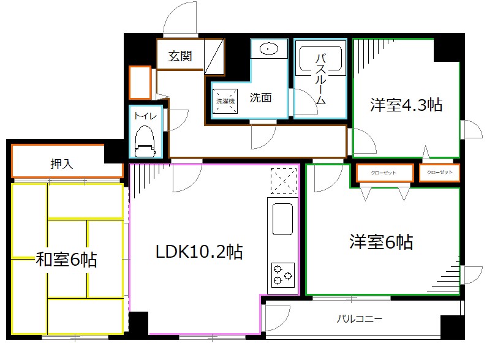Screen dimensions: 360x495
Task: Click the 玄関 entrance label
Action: [x=181, y=56]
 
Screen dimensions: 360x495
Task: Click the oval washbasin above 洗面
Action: [x=269, y=48]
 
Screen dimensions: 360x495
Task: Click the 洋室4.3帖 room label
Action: [x=406, y=105]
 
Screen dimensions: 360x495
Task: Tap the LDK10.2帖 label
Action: [x=198, y=251]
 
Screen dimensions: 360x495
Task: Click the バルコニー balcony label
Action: [x=360, y=319]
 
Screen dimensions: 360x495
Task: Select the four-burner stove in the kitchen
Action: [x=282, y=274]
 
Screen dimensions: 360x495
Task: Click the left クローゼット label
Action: [x=384, y=173]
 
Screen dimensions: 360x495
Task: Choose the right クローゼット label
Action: [x=439, y=173]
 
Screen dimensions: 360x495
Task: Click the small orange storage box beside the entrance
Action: [x=140, y=81]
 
